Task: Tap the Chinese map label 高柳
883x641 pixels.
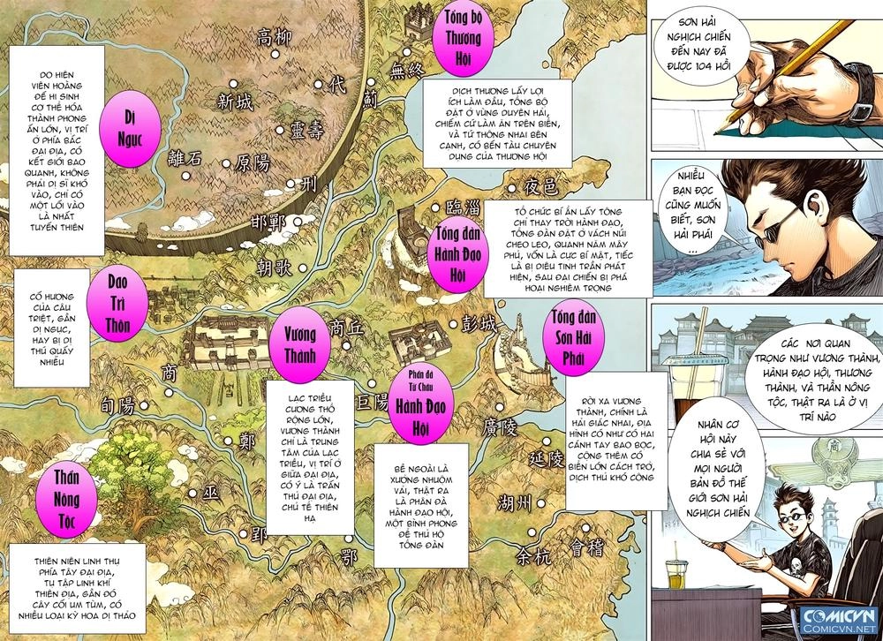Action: tap(274, 38)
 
